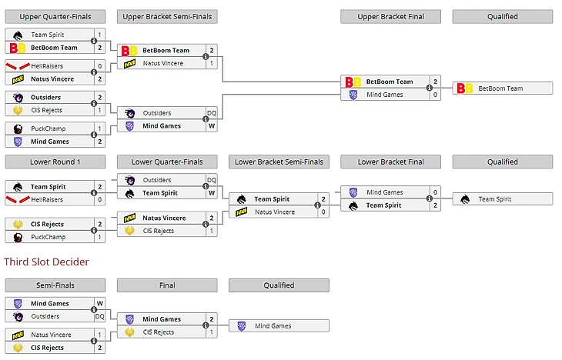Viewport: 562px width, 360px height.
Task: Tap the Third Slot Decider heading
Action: tap(46, 262)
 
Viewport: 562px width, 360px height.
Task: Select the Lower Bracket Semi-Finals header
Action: tap(279, 162)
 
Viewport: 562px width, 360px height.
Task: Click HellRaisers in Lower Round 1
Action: tap(47, 199)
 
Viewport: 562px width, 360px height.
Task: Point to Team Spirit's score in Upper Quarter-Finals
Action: tap(99, 35)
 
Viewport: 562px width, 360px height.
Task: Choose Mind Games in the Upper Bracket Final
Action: tap(384, 95)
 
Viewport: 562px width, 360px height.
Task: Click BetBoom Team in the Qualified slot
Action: tap(500, 88)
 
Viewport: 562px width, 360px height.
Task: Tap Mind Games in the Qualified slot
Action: tap(273, 325)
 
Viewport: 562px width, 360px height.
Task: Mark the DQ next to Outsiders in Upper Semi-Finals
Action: tap(211, 113)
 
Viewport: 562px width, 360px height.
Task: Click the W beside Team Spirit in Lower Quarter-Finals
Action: tap(211, 193)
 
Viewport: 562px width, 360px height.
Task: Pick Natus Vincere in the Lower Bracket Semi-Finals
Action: tap(274, 212)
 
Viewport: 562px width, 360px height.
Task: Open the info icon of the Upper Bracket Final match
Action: tap(429, 88)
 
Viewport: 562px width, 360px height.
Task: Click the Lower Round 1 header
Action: tap(55, 162)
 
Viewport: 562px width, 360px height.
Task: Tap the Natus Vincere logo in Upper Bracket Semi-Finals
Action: tap(130, 63)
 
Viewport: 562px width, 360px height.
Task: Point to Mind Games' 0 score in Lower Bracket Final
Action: tap(435, 192)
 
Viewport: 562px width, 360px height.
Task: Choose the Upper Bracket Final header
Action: tap(390, 16)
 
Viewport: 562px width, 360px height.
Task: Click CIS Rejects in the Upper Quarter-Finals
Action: tap(47, 110)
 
